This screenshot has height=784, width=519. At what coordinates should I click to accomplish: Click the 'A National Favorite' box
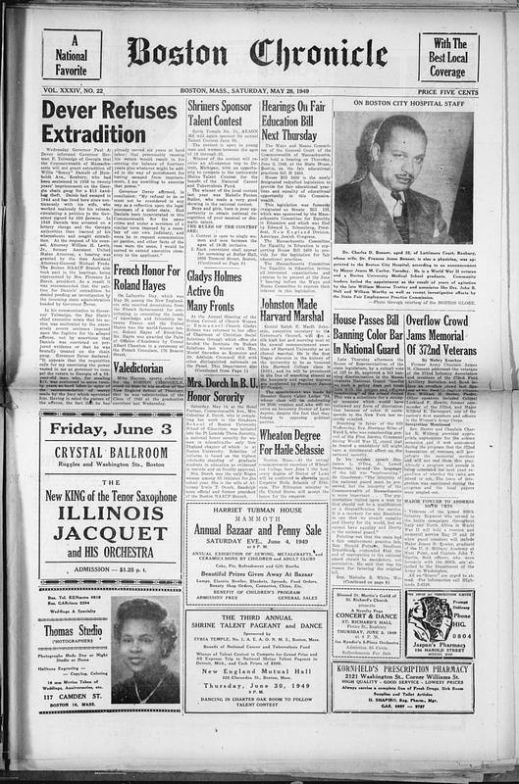tap(74, 56)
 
